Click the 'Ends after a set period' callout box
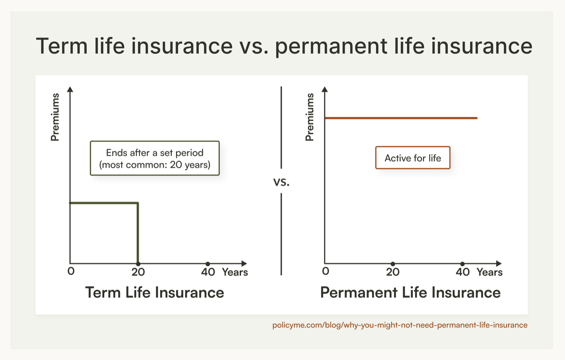tap(155, 158)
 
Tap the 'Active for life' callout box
tap(413, 158)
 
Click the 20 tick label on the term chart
tap(138, 272)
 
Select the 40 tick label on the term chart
tap(208, 272)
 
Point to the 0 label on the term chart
tap(71, 271)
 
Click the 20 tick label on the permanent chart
tap(393, 272)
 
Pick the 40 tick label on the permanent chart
tap(463, 272)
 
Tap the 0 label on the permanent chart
tap(325, 271)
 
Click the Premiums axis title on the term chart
tap(55, 117)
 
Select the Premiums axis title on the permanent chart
tap(310, 117)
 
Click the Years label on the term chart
tap(235, 272)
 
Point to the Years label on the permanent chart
tap(489, 272)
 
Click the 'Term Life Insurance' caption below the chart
tap(155, 292)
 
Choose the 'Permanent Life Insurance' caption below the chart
tap(410, 292)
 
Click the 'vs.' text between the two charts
tap(281, 182)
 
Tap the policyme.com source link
tap(400, 325)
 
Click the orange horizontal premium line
tap(401, 118)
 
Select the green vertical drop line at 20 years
tap(137, 233)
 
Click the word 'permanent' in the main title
tap(331, 46)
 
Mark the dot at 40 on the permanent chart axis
tap(462, 264)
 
